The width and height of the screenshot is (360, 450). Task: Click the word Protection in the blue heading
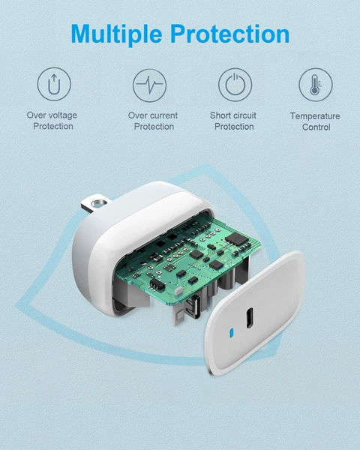pos(230,34)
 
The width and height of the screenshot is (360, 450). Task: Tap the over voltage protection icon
pos(54,84)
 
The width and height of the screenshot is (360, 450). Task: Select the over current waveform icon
pos(149,85)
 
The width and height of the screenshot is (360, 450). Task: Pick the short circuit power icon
pos(235,85)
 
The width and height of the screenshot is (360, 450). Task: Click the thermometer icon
pos(316,85)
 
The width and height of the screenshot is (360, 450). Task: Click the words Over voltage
pos(52,115)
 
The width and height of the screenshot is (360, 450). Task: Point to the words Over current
pos(153,115)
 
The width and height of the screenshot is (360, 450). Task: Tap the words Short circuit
pos(233,115)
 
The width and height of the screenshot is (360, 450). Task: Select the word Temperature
pos(315,116)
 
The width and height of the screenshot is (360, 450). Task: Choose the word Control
pos(316,127)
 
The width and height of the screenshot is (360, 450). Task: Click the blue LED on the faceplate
pos(232,333)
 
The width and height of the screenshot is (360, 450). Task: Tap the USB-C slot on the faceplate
pos(250,318)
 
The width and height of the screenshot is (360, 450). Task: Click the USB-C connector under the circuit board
pos(193,307)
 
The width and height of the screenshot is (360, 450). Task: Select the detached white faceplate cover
pos(255,313)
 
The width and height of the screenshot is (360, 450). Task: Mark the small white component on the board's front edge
pos(178,291)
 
